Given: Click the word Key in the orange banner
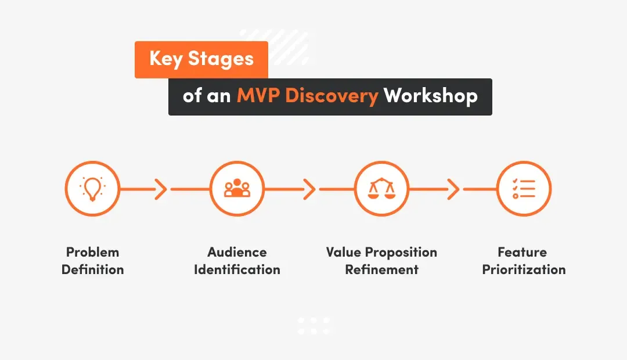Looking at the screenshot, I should point(166,59).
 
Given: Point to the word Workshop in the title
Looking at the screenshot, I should point(430,95).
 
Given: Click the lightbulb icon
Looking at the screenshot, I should point(92,189).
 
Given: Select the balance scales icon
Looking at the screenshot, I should point(381,189).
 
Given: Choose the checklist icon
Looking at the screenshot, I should point(524,189).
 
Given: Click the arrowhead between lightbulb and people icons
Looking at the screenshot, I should point(162,189).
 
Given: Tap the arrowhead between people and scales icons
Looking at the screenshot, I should point(309,189).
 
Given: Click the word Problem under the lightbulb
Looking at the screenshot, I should point(92,252).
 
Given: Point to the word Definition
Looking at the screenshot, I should point(92,269).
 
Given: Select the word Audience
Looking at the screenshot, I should point(237,252).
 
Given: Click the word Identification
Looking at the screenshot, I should point(237,269).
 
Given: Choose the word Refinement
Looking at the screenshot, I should point(381,269).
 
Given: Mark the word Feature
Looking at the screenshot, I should point(522,252).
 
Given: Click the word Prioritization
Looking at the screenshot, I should point(524,269).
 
